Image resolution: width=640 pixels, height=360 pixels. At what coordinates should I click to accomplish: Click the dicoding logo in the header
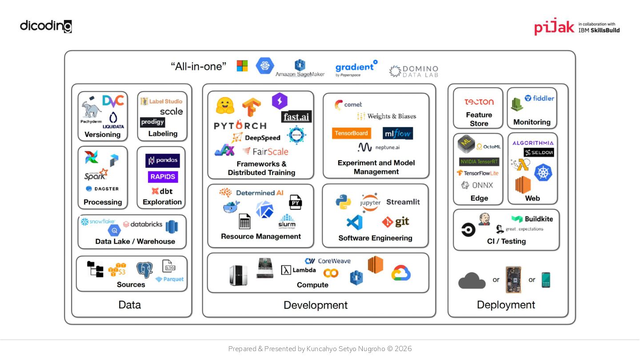(46, 26)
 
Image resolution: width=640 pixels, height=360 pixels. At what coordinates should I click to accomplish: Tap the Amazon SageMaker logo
(300, 69)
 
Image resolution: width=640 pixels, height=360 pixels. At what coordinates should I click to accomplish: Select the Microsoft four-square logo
(242, 66)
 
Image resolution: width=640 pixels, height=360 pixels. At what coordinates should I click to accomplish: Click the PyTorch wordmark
(240, 125)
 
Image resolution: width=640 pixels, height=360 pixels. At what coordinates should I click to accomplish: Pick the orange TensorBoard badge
(351, 133)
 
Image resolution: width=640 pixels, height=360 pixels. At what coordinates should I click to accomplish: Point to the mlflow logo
(397, 133)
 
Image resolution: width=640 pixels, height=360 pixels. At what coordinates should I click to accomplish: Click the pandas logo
(163, 160)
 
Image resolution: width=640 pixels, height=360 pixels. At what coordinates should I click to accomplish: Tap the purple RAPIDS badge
(163, 176)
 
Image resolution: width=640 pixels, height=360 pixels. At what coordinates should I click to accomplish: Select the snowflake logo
(98, 221)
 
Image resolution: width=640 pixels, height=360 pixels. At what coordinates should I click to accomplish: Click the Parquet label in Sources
(170, 279)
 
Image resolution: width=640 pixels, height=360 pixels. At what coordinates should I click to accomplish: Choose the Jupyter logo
(370, 203)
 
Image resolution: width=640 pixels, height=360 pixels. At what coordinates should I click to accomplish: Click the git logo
(396, 221)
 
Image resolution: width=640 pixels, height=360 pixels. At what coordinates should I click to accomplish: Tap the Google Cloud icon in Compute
(401, 273)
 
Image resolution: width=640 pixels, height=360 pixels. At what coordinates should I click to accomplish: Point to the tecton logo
(479, 102)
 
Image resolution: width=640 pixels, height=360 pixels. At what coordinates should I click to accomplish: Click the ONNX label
(477, 185)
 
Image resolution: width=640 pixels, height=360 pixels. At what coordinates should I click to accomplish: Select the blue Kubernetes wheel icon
(543, 172)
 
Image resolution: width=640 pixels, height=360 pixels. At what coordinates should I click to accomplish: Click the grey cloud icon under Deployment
(472, 280)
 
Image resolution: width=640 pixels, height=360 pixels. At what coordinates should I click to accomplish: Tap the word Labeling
(163, 133)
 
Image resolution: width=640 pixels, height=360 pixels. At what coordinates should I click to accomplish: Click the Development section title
(316, 305)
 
